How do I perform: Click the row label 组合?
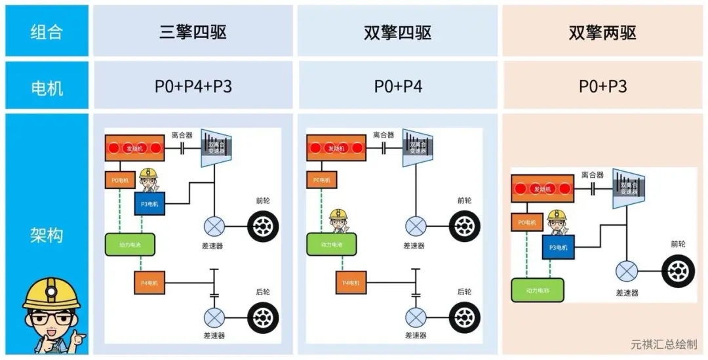47,31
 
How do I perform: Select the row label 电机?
47,86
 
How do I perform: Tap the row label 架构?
47,234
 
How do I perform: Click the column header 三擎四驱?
193,32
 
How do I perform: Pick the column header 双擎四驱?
397,32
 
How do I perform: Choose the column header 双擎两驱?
602,32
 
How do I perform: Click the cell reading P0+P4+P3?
193,86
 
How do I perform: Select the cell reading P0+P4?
397,86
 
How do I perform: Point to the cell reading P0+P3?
602,86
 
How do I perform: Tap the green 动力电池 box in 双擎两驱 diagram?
537,289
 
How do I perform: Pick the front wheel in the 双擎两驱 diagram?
678,271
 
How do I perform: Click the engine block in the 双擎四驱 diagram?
336,148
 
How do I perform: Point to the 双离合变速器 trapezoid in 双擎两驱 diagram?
629,188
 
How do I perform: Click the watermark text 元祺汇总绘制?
663,344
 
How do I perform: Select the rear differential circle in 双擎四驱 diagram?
414,318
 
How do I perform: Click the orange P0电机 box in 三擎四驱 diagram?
121,179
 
